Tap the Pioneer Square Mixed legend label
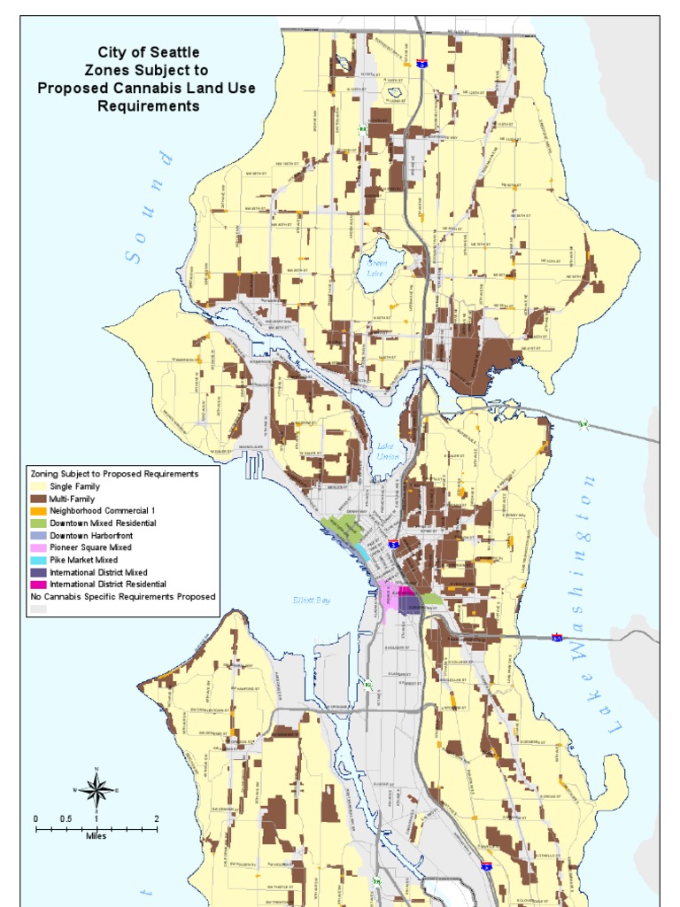pyautogui.click(x=90, y=548)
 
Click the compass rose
pyautogui.click(x=97, y=787)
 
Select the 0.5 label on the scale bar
pyautogui.click(x=66, y=818)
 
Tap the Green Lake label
pyautogui.click(x=378, y=267)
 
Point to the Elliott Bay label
pyautogui.click(x=312, y=601)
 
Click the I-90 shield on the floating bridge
pyautogui.click(x=557, y=636)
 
